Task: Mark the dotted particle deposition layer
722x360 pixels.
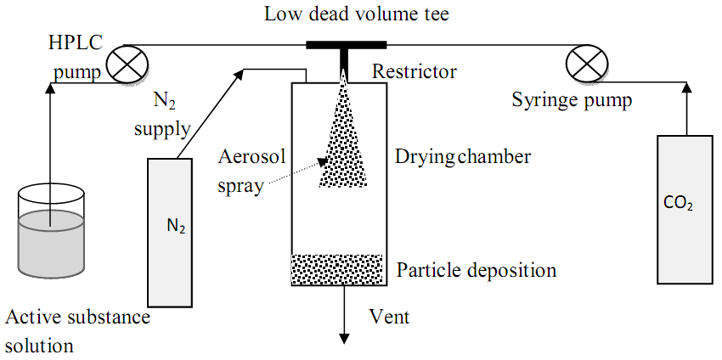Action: [340, 270]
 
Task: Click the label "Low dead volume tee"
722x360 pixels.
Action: [345, 14]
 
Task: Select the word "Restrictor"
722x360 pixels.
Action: [414, 72]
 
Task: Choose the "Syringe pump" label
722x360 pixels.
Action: [573, 101]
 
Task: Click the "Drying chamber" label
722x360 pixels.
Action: [463, 156]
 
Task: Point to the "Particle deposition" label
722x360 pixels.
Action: [477, 271]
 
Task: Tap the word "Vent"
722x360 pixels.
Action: [389, 318]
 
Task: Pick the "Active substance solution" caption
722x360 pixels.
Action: [76, 331]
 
